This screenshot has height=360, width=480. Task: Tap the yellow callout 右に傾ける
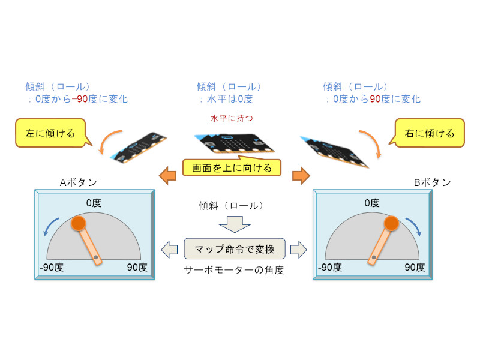click(x=429, y=133)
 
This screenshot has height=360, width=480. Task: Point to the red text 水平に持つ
click(x=232, y=119)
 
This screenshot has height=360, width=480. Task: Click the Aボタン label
click(x=78, y=182)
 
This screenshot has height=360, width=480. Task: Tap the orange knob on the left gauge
click(x=79, y=224)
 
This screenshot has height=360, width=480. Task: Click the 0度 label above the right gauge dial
click(x=372, y=203)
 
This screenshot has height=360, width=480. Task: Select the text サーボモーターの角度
click(x=233, y=270)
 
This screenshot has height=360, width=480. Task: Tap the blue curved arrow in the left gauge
click(x=53, y=227)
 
